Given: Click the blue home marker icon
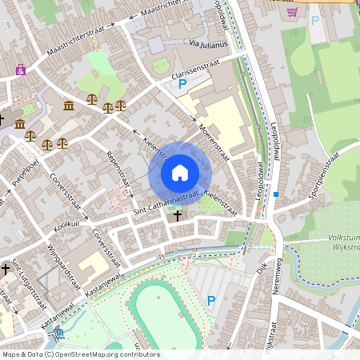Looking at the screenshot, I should pos(180,172).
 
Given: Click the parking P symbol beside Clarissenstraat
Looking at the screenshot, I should pos(182,83).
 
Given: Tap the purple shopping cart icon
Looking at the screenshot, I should pos(292,12).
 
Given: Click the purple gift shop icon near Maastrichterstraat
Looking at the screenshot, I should pos(20,70).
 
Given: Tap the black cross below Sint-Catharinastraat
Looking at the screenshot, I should pos(178,214).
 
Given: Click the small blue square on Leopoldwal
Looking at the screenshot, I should pos(276,194).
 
